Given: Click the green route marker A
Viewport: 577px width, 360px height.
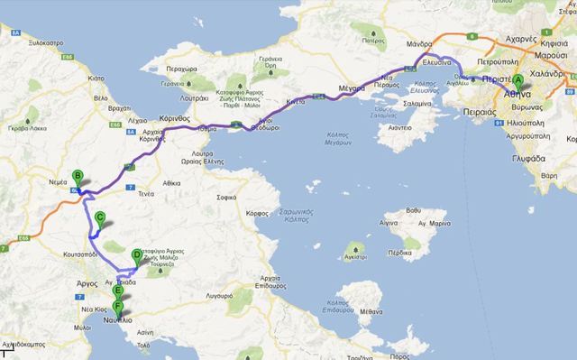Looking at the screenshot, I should tap(517, 79).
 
